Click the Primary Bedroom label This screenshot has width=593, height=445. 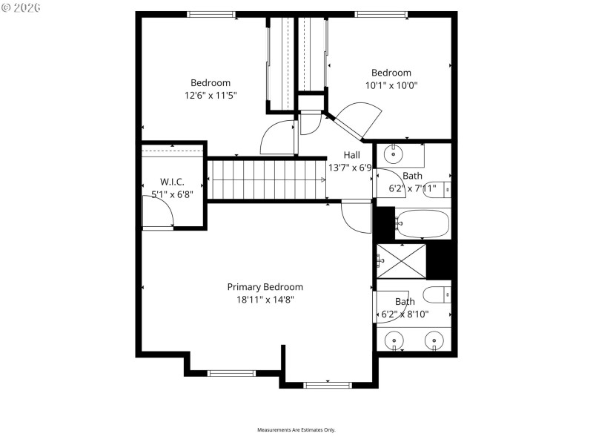coord(265,287)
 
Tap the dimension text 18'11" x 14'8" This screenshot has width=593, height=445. coord(265,300)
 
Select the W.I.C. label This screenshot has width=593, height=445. coord(172,182)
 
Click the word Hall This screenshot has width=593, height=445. coord(351,155)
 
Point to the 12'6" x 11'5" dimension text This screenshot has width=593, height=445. coord(211,95)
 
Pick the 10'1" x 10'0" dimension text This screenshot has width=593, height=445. coord(391,85)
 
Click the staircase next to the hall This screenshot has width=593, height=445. coord(267,179)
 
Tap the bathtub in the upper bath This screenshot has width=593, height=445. coord(423,222)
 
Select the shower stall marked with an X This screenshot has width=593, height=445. coord(401,260)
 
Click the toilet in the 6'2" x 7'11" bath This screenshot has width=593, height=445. coord(440,190)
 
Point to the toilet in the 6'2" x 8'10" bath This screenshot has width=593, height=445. coord(437,294)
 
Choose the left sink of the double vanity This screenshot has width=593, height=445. coord(395,340)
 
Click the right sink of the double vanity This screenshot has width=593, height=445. coord(434,340)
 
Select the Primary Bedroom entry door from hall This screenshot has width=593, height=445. coord(356,217)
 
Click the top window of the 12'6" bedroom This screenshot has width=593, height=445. coord(211,14)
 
